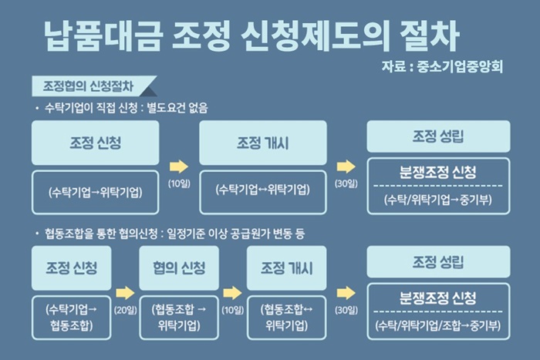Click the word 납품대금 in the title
(x=103, y=35)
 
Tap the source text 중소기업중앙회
(x=460, y=66)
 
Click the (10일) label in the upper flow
(x=179, y=183)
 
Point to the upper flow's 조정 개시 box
(x=263, y=143)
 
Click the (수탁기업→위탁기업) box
(x=96, y=192)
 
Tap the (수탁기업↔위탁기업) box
(x=263, y=192)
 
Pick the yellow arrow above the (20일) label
(x=125, y=293)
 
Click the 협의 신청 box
(x=179, y=267)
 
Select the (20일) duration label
(x=125, y=310)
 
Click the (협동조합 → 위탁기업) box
(x=179, y=318)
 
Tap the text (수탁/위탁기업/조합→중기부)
(x=438, y=325)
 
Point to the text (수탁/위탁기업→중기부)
(x=438, y=200)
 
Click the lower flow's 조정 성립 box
(x=438, y=261)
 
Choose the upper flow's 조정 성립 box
(x=438, y=136)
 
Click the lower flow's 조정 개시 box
(x=286, y=267)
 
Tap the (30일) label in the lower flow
(x=346, y=310)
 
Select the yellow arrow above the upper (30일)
(x=346, y=167)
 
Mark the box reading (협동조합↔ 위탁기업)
(x=286, y=318)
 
